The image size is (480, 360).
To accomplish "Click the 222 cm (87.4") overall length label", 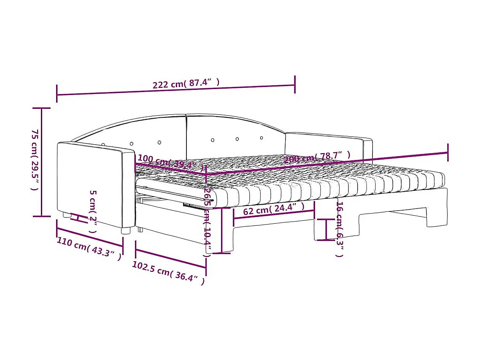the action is click(186, 83).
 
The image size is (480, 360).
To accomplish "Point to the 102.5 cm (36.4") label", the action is click(168, 273).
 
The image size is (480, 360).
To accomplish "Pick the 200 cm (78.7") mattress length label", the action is click(317, 157).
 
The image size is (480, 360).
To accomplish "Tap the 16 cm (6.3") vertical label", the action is click(339, 229).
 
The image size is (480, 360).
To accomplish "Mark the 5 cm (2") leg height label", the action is click(93, 211).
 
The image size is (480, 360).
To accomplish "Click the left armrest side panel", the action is click(89, 184).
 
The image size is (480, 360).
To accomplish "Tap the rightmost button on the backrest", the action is click(262, 138).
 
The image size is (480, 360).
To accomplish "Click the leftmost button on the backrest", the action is click(103, 145).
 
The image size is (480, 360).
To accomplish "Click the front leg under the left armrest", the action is click(125, 230).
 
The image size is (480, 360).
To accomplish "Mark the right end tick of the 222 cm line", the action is click(295, 84).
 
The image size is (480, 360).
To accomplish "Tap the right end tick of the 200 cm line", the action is click(448, 152).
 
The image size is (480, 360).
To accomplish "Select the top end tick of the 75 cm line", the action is click(41, 108).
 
